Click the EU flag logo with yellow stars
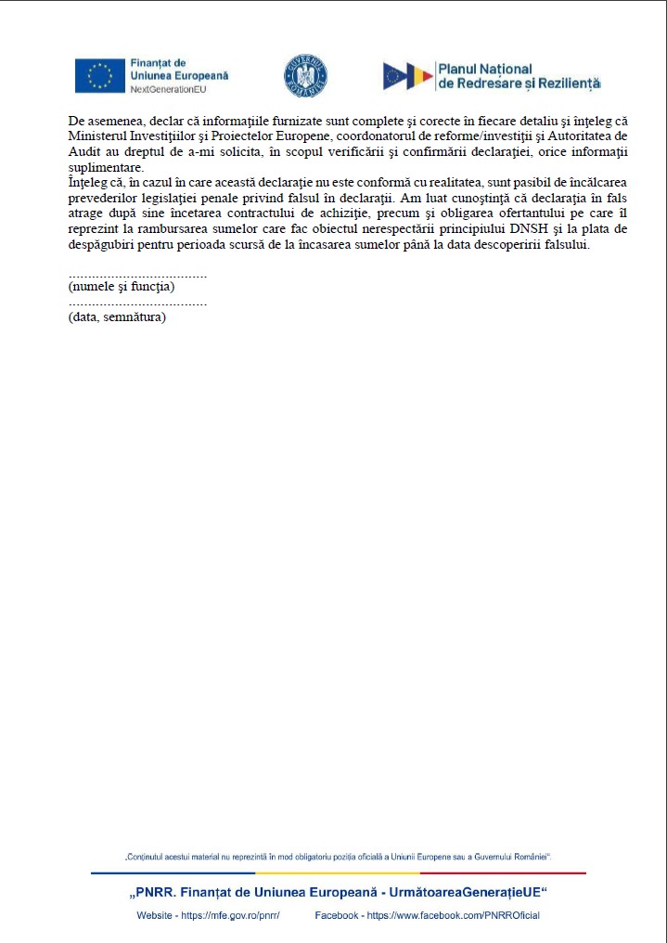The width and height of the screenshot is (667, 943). [x=99, y=75]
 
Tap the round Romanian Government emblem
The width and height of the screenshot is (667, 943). [x=305, y=76]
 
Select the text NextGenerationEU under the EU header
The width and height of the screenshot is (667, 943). [x=168, y=88]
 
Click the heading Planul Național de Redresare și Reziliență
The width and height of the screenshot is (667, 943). [x=519, y=76]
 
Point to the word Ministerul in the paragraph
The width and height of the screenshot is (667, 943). [x=96, y=136]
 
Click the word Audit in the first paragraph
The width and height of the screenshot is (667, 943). [x=84, y=150]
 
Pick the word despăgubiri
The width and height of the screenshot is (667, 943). [x=103, y=245]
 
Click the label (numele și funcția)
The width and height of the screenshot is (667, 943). [x=122, y=287]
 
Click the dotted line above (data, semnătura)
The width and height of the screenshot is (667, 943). [x=137, y=304]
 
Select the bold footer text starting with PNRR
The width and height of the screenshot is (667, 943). [x=338, y=893]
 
